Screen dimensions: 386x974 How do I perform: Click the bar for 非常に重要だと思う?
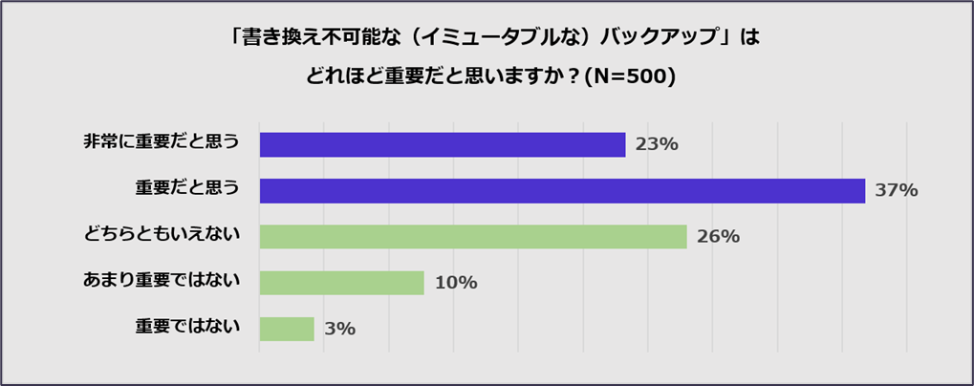(x=442, y=144)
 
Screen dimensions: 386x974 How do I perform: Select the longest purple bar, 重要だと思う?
(x=562, y=190)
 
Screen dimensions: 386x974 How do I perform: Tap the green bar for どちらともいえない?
(x=472, y=236)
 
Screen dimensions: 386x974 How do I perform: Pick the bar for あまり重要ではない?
(x=341, y=283)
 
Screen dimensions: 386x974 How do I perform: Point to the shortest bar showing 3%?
(x=287, y=329)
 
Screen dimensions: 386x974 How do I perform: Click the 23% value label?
(x=657, y=144)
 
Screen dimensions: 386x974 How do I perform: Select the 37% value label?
(x=897, y=190)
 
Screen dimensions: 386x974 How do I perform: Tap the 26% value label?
(x=718, y=237)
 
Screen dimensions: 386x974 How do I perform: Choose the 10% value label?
(x=455, y=283)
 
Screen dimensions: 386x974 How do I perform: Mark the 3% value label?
(x=339, y=329)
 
